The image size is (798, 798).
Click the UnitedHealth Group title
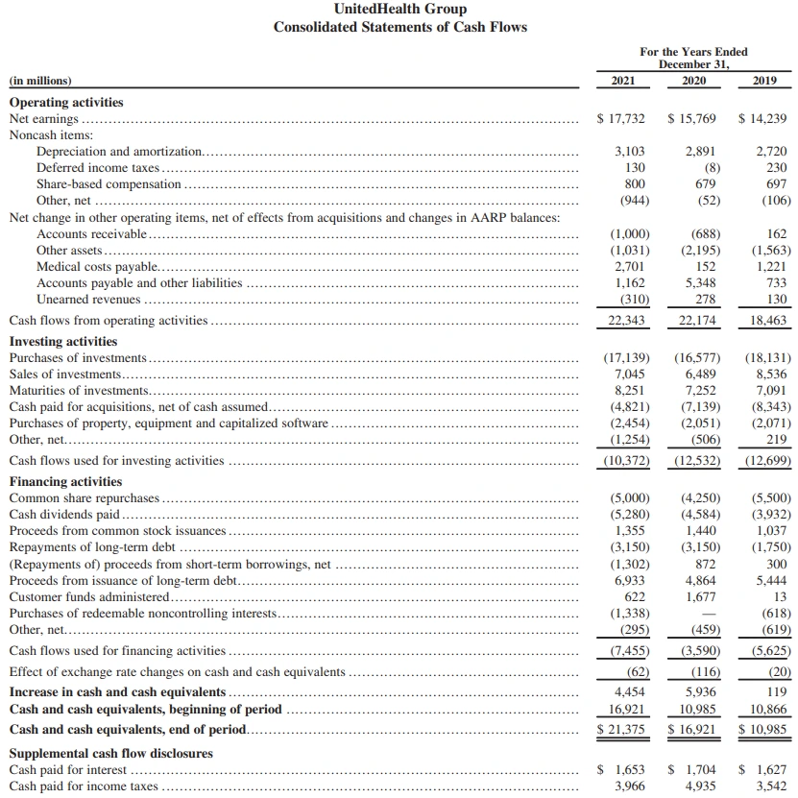point(399,9)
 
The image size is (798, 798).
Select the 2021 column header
point(622,81)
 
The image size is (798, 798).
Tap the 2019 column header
point(764,81)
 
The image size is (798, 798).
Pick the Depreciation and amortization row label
point(119,152)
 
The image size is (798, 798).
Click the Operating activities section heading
point(66,102)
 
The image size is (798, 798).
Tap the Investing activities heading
point(63,341)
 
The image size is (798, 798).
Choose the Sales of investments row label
point(65,374)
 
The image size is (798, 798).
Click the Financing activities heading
point(65,481)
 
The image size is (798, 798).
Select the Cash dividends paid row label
point(64,514)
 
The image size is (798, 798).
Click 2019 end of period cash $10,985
point(764,730)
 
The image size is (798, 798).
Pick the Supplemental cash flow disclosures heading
point(110,753)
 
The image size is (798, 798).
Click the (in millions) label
point(39,81)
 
